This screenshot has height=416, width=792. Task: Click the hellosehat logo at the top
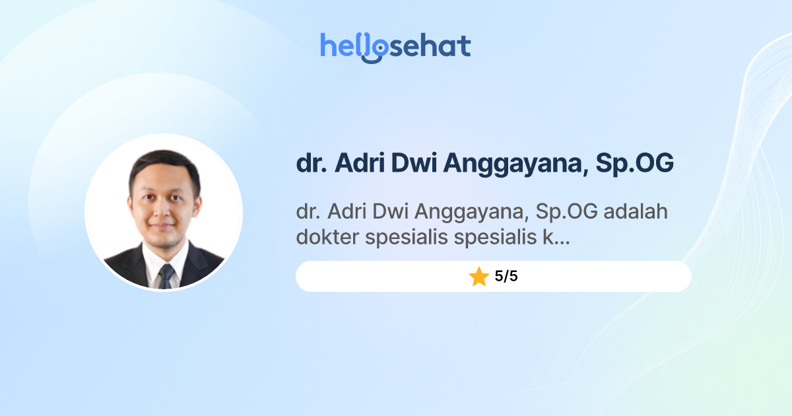pyautogui.click(x=395, y=47)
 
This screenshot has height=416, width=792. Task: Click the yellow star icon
pyautogui.click(x=478, y=277)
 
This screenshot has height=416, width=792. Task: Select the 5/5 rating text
pyautogui.click(x=506, y=277)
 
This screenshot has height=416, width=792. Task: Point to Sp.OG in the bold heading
pyautogui.click(x=634, y=164)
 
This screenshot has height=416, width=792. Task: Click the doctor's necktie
pyautogui.click(x=165, y=275)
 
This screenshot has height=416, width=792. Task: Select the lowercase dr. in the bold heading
pyautogui.click(x=311, y=163)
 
